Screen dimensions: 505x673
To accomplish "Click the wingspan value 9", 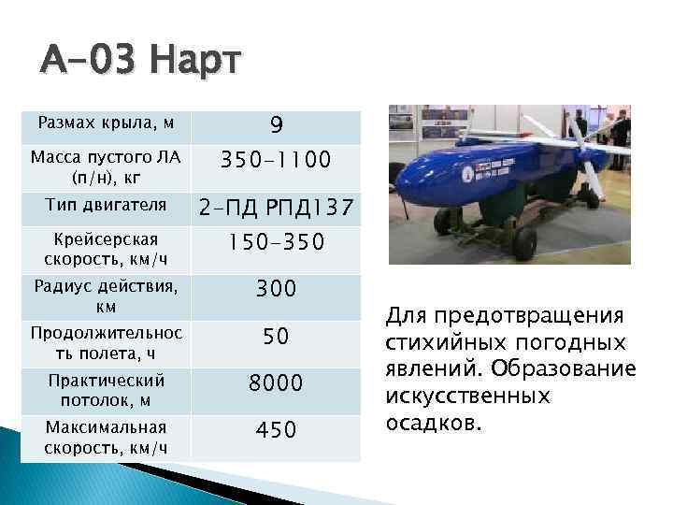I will point(277,124).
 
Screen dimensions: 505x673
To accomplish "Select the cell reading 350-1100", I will point(277,161).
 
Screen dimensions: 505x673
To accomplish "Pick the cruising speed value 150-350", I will point(277,243).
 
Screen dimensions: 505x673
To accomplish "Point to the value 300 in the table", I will point(277,289).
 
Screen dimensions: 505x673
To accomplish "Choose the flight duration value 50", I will point(277,336).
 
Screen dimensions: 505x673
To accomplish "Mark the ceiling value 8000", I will point(277,382).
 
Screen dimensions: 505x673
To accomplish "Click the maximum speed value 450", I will point(277,429).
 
